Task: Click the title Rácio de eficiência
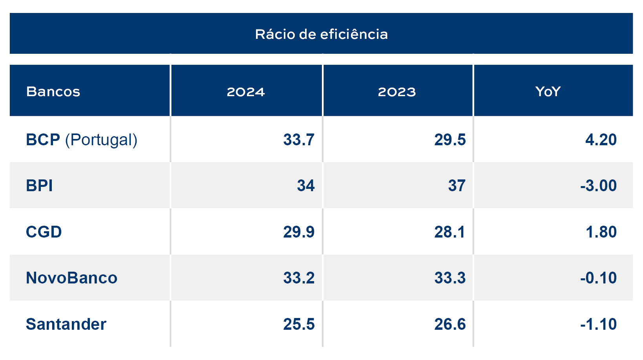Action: [x=321, y=34]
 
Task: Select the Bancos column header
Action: [x=53, y=91]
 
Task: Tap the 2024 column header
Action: [x=246, y=91]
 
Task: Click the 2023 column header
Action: [x=396, y=91]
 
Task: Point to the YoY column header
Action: [x=548, y=91]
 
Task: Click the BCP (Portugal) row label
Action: [x=82, y=140]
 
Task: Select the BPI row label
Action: [x=39, y=186]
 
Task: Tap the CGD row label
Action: [x=44, y=232]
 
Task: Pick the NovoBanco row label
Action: [x=71, y=278]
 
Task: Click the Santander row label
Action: [x=66, y=324]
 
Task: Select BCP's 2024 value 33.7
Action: [x=299, y=140]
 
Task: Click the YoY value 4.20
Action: [x=601, y=140]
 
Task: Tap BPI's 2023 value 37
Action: [x=457, y=186]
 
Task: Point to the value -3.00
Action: [x=598, y=186]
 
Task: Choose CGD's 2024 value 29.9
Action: [x=299, y=232]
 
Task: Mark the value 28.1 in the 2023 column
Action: [x=449, y=232]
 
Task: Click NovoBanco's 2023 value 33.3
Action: [x=449, y=278]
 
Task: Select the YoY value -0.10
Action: [x=598, y=278]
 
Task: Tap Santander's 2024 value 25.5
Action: [x=299, y=324]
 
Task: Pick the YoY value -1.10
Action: [x=598, y=324]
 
